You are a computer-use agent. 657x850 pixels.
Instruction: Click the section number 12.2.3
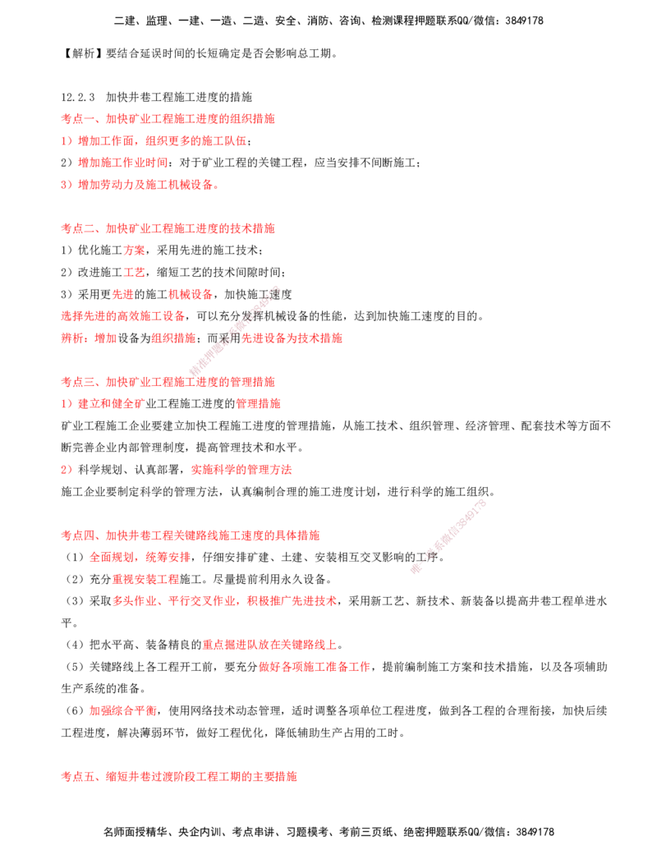(x=77, y=97)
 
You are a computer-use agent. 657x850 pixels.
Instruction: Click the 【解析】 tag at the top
(x=82, y=53)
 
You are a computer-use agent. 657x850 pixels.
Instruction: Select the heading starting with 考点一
(x=168, y=119)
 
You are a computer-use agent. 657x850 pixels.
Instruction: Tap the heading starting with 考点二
(x=168, y=228)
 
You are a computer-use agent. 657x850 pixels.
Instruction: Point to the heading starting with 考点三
(x=168, y=382)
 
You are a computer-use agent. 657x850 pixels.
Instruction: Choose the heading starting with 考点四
(x=191, y=535)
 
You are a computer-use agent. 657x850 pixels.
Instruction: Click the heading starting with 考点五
(x=179, y=776)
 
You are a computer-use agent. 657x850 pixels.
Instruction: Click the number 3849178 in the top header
(x=524, y=21)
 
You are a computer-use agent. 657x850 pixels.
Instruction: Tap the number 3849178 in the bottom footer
(x=535, y=832)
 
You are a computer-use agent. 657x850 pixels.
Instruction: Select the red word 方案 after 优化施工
(x=135, y=250)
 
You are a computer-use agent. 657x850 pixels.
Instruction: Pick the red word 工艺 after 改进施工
(x=135, y=272)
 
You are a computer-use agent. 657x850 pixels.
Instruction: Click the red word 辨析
(x=72, y=338)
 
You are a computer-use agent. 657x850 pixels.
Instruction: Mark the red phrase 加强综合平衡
(x=123, y=710)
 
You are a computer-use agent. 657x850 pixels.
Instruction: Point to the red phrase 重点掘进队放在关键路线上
(x=269, y=645)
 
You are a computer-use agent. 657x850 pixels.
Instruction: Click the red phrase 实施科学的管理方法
(x=241, y=470)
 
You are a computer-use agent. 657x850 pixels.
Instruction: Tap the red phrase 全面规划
(x=112, y=557)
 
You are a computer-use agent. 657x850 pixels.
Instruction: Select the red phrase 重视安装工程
(x=145, y=579)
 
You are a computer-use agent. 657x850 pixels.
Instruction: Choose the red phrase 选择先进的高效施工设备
(x=123, y=316)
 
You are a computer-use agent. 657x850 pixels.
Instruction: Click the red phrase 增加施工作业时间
(x=123, y=163)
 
